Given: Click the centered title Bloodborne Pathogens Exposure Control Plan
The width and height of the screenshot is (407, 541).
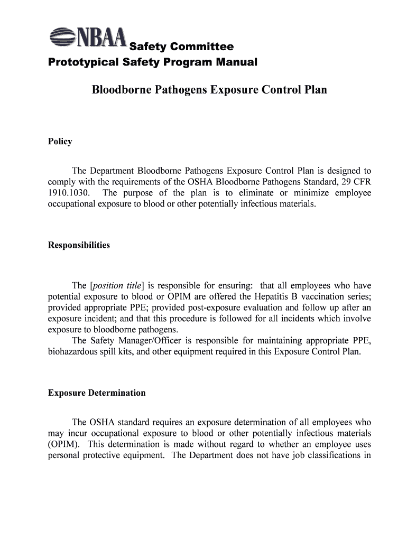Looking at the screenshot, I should (209, 90).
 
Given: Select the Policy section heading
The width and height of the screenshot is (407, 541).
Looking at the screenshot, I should (60, 142).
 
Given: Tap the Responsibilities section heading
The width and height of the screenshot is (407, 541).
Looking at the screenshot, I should (79, 245).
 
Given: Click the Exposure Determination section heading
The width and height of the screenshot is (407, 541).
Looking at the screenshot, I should (97, 393).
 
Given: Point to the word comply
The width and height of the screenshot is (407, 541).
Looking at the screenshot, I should (61, 182).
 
